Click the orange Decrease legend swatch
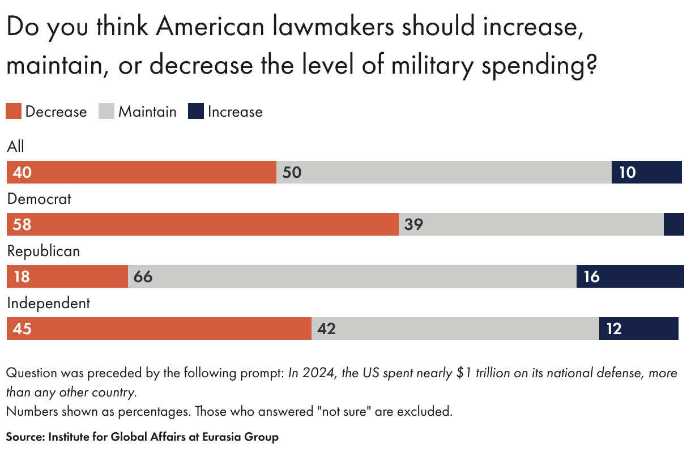14,111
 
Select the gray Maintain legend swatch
106,111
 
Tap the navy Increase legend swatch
196,111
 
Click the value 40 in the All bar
22,172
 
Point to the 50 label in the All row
292,172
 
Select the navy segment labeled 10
646,172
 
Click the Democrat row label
39,199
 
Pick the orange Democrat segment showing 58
203,224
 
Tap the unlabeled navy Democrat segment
673,224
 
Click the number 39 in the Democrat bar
414,224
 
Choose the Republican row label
43,251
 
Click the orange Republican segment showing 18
67,276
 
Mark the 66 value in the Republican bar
143,276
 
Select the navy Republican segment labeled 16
630,276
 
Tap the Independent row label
48,303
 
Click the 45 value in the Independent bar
22,329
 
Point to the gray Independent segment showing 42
455,329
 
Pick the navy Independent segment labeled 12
638,329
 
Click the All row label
16,147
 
